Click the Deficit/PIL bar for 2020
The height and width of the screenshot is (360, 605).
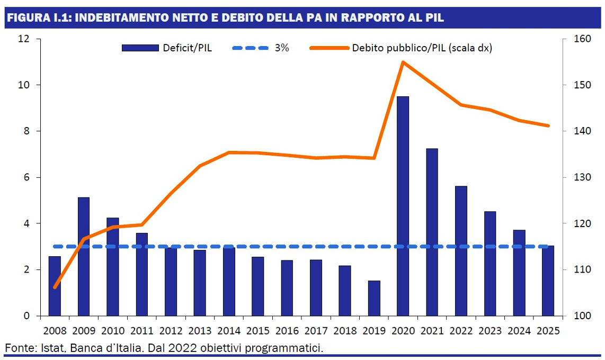403,206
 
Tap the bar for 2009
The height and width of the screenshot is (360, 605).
84,257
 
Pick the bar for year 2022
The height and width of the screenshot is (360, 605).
461,251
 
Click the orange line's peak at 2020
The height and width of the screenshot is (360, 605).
403,62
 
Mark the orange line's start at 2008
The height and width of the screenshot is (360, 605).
55,287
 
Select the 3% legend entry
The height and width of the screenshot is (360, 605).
281,48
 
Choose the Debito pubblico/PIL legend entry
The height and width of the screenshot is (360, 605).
422,48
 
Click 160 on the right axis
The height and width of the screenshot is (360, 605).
581,39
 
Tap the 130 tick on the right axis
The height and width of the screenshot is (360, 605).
581,177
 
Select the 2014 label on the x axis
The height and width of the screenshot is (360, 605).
229,331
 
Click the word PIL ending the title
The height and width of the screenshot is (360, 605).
433,17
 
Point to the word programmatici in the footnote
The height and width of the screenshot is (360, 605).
287,348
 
